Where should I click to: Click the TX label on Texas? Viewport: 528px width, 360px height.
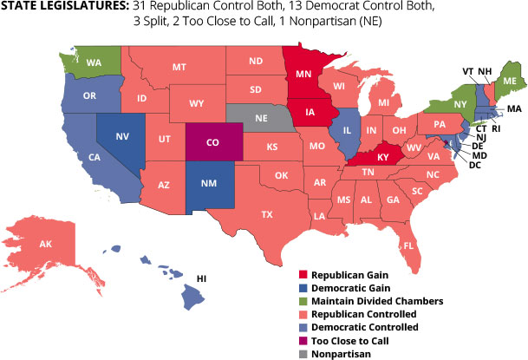[x=267, y=213]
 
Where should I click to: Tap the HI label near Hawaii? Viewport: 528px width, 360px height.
[x=202, y=278]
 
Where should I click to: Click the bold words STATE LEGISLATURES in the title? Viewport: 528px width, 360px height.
[x=62, y=7]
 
